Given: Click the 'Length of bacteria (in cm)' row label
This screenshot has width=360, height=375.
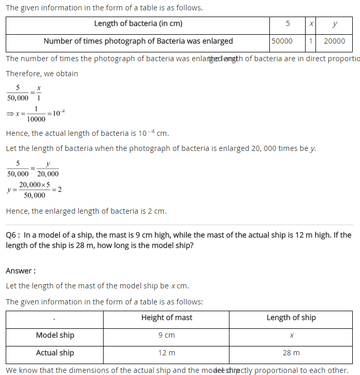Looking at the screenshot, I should (138, 24).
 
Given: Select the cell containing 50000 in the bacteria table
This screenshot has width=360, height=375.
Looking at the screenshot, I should (282, 41).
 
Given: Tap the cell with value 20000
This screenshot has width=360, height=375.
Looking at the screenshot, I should (334, 41).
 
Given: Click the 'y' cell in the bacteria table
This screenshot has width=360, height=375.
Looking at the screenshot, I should (335, 24).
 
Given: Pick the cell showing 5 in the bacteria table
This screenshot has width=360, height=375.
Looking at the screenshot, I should (287, 24).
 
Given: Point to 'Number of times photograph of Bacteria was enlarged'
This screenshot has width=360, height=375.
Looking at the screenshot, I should (138, 41).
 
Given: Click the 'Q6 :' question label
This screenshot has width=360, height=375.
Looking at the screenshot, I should (13, 235).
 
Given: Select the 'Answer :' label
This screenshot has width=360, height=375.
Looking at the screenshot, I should (21, 271).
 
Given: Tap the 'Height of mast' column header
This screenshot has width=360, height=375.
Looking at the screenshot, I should (166, 317).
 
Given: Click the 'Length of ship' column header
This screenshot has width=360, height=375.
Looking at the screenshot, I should (291, 317).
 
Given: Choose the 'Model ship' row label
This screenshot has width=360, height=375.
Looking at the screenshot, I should (55, 335).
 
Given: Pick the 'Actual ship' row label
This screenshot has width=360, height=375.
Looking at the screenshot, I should (55, 353).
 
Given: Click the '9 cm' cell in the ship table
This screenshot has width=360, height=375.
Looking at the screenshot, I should (166, 335).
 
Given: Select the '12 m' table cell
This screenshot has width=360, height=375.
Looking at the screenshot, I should (166, 353).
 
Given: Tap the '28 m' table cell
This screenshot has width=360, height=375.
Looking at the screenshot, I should (291, 353).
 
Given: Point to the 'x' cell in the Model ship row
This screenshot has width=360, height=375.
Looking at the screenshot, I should (292, 336).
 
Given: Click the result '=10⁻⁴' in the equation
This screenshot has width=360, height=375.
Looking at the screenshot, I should (56, 113).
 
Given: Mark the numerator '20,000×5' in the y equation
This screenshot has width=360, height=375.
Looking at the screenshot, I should (34, 185).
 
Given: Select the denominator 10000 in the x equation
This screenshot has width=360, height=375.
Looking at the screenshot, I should (36, 118).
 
